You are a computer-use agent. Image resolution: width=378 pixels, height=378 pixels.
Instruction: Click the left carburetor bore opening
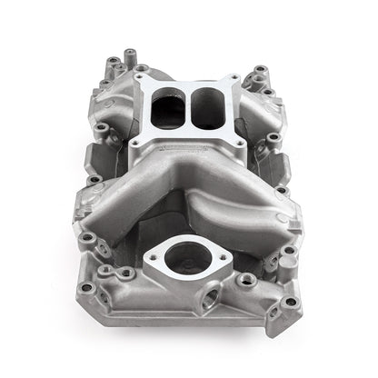click(x=169, y=109)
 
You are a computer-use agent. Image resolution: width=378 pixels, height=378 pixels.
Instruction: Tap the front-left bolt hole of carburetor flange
click(x=135, y=142)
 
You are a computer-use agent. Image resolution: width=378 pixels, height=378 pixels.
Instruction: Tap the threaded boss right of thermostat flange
click(x=245, y=281)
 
